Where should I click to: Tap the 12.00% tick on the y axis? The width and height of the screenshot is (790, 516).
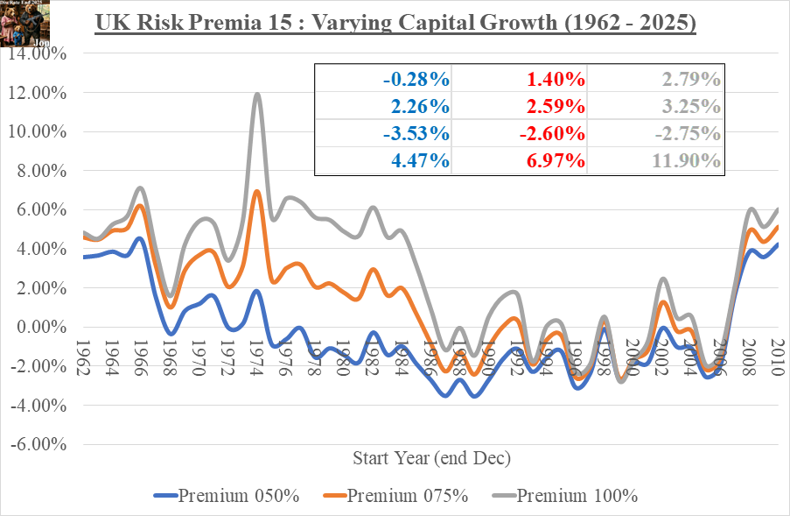[x=40, y=93]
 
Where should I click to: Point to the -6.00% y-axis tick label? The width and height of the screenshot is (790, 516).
[x=40, y=444]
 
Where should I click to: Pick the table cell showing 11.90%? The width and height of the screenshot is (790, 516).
[x=690, y=160]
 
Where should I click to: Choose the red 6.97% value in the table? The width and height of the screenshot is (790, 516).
[x=555, y=160]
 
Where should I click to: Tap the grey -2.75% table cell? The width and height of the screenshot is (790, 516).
[x=690, y=133]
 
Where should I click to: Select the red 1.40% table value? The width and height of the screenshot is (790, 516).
[x=555, y=80]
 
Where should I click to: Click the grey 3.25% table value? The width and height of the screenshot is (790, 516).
[x=690, y=107]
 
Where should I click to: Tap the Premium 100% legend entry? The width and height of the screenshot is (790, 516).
[x=564, y=496]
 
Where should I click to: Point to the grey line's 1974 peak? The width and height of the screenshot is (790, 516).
[x=257, y=95]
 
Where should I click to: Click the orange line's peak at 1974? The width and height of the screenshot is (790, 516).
[x=257, y=191]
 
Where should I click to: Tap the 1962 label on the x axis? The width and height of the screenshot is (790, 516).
[x=84, y=357]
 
